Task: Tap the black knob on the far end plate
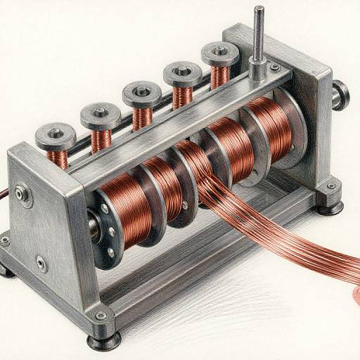click(341, 94)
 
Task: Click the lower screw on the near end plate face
click(41, 264)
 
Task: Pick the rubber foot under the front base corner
click(103, 341)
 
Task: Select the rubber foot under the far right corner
click(328, 207)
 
